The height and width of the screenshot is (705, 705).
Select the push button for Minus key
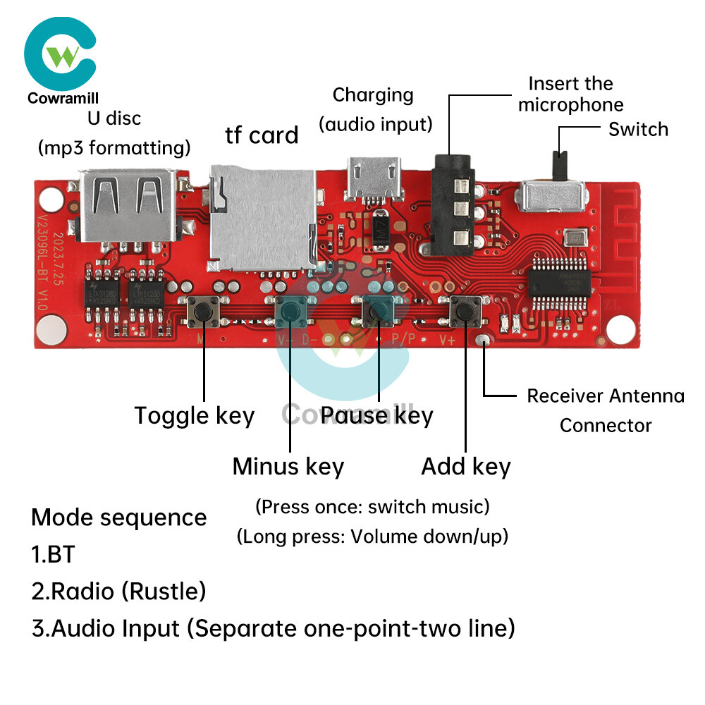click(290, 309)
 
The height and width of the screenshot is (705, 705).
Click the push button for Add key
click(465, 309)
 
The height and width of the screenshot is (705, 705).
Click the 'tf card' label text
click(262, 135)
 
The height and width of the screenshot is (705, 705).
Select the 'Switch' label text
click(638, 130)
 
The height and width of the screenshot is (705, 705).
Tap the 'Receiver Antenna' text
click(605, 396)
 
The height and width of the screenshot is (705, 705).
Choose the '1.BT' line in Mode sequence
click(53, 554)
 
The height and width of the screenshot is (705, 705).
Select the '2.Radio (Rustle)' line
click(118, 591)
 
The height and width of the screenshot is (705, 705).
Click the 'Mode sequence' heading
click(118, 517)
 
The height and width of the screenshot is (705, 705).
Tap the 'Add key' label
click(465, 467)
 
